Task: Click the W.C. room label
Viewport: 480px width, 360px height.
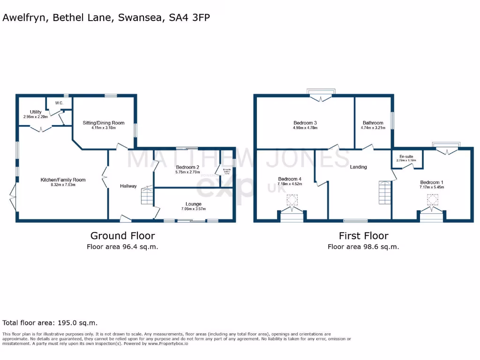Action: pyautogui.click(x=59, y=103)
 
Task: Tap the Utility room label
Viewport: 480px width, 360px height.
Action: pyautogui.click(x=36, y=112)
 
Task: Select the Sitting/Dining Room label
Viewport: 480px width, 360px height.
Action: pyautogui.click(x=104, y=123)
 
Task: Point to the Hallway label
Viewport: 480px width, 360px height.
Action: pyautogui.click(x=128, y=186)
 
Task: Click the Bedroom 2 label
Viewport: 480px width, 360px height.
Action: pyautogui.click(x=187, y=167)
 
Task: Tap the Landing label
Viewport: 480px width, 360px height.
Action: pyautogui.click(x=358, y=167)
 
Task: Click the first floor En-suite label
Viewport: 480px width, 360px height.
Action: pyautogui.click(x=406, y=156)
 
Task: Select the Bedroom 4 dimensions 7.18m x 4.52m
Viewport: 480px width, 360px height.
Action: pyautogui.click(x=289, y=184)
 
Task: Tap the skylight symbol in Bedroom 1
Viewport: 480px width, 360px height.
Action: pyautogui.click(x=432, y=201)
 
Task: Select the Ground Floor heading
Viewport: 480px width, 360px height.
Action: pyautogui.click(x=122, y=235)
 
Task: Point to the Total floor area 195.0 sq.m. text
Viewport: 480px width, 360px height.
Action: pyautogui.click(x=50, y=322)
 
